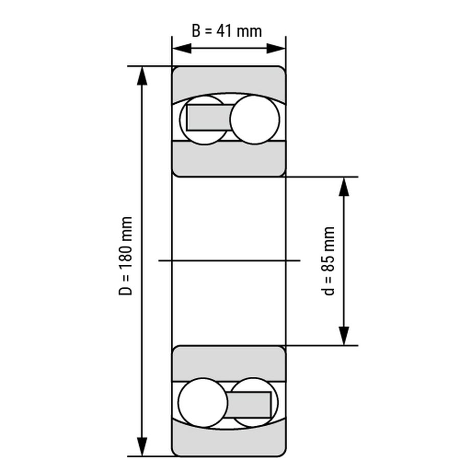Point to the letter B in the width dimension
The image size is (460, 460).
pos(197,31)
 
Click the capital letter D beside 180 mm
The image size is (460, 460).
pos(126,290)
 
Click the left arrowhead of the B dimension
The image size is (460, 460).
pos(180,49)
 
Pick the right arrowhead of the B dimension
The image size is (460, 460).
pos(277,49)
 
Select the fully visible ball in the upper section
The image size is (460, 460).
pos(255,120)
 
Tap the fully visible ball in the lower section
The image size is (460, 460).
pos(203,402)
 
